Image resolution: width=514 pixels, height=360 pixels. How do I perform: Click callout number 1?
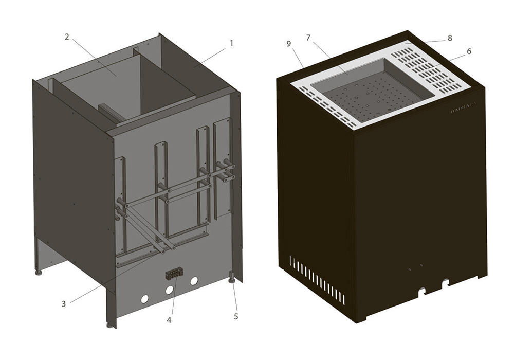click(231, 43)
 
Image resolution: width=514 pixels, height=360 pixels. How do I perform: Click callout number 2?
click(67, 37)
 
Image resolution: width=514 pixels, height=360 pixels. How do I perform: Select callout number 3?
click(63, 303)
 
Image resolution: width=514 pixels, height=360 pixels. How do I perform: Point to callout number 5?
click(236, 316)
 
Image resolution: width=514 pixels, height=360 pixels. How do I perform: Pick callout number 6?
click(469, 51)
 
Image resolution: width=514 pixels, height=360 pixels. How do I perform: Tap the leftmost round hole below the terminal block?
click(145, 299)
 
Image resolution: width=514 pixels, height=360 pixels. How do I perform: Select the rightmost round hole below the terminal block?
click(194, 281)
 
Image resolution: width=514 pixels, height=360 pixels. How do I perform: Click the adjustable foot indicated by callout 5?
click(231, 278)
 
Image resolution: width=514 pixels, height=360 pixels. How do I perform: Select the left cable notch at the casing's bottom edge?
click(422, 291)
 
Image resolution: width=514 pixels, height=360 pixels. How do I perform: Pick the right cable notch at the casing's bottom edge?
click(445, 282)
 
